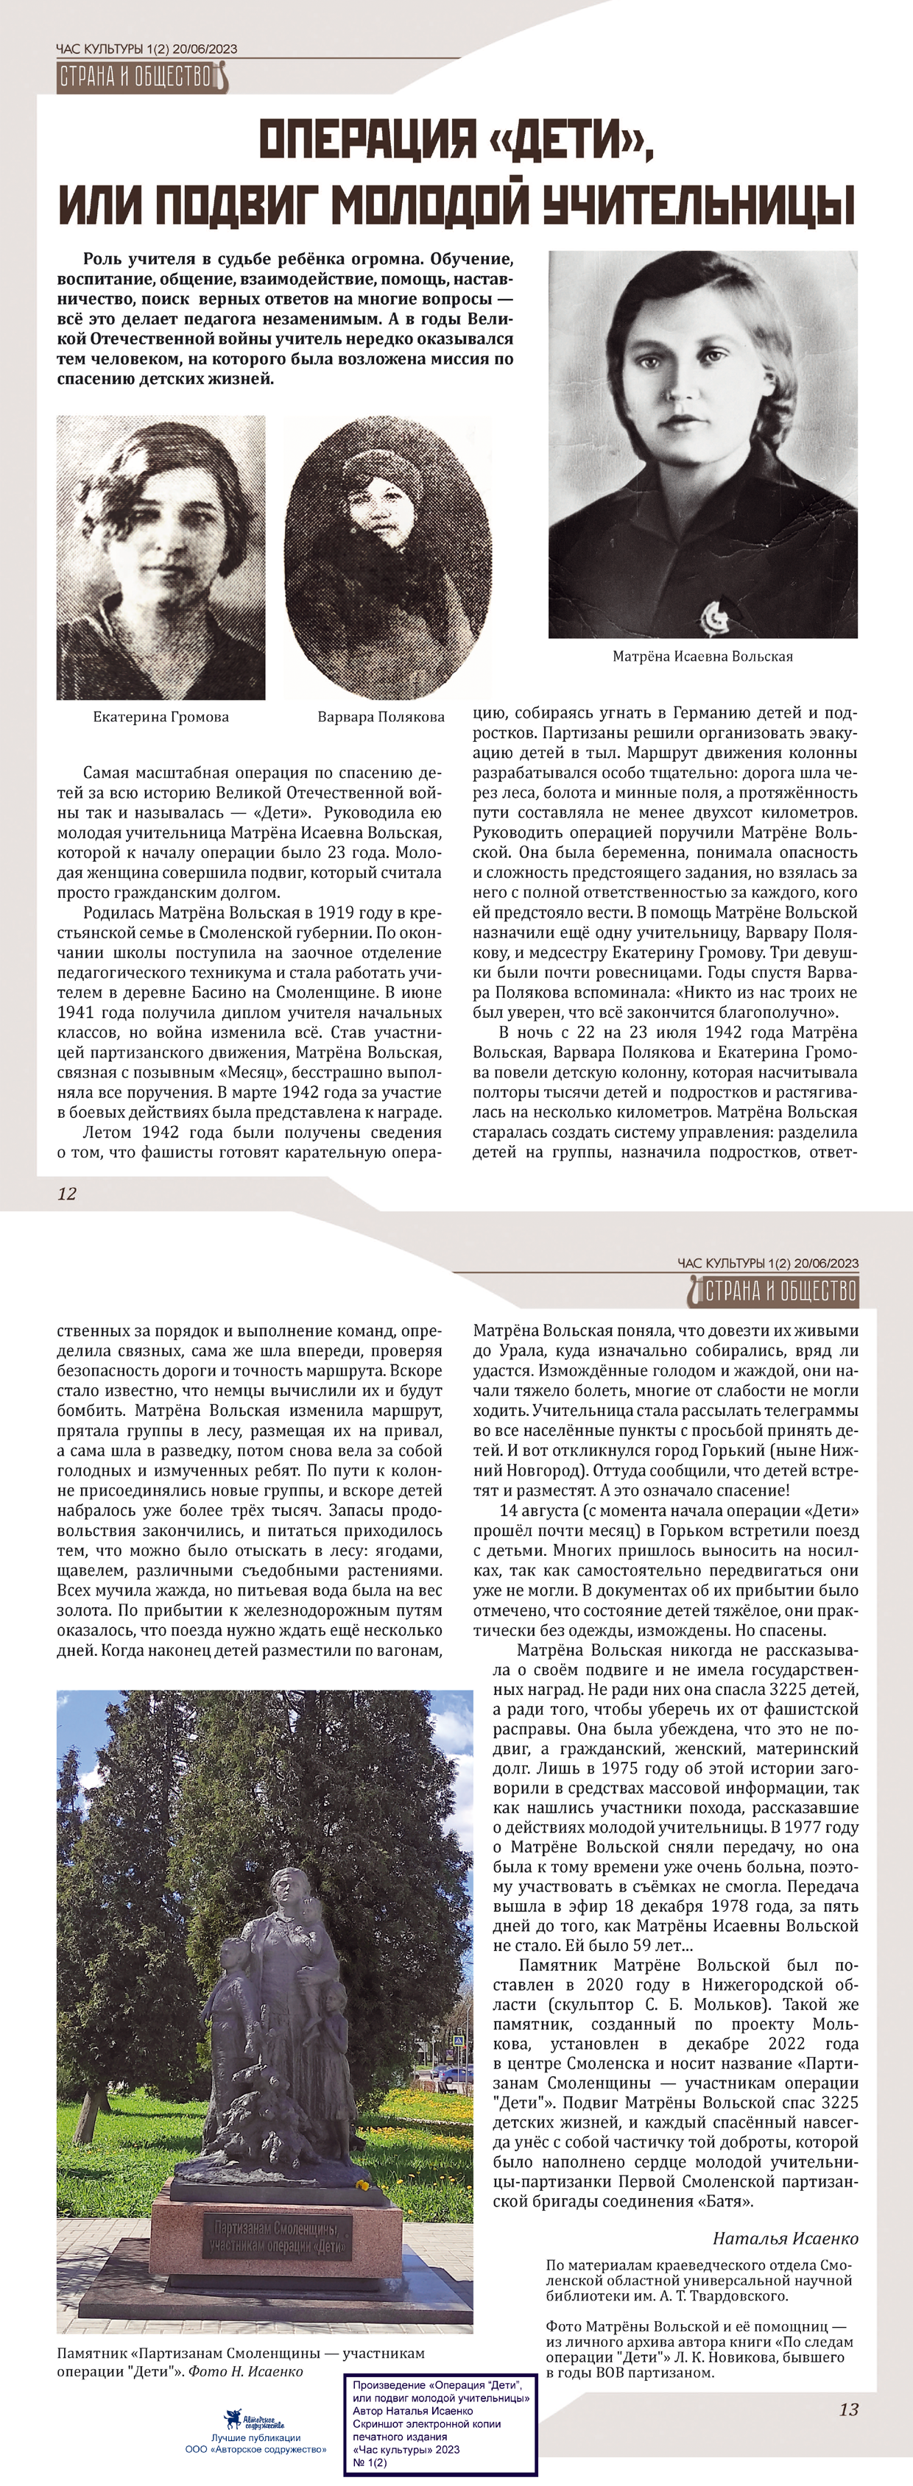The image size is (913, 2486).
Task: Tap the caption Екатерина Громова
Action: point(161,717)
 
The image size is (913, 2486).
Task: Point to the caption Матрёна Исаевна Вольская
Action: point(702,656)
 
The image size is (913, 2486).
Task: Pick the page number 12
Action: point(66,1194)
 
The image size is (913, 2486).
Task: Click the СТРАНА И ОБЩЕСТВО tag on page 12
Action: point(140,77)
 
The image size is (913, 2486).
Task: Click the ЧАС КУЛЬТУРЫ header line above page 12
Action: point(147,49)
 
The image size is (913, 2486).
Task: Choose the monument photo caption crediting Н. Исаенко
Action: point(242,2362)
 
